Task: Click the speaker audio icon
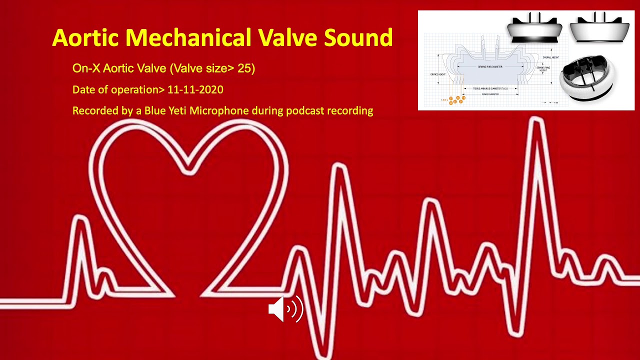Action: pos(285,309)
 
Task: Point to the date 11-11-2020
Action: pos(195,90)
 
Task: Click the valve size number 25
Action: pos(245,68)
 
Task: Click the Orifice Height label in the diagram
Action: pos(437,74)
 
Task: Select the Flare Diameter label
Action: pos(490,94)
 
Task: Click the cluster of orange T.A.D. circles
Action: pos(457,100)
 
